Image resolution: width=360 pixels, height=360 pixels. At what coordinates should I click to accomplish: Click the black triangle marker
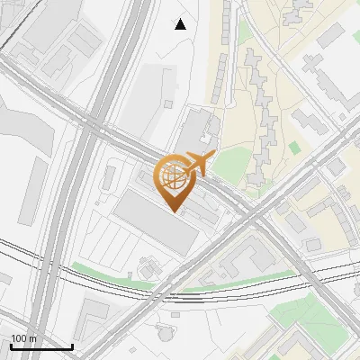[181, 24]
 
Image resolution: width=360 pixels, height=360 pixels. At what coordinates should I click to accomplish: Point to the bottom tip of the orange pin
[174, 212]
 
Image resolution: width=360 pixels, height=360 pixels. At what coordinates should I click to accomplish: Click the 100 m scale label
[23, 338]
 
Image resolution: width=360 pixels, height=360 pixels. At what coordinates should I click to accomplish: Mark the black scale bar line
[41, 346]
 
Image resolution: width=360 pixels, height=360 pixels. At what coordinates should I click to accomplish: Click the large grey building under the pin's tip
[155, 224]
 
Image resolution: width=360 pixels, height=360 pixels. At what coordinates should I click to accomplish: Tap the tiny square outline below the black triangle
[169, 103]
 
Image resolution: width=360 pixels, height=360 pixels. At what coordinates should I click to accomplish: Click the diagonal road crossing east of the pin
[261, 216]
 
